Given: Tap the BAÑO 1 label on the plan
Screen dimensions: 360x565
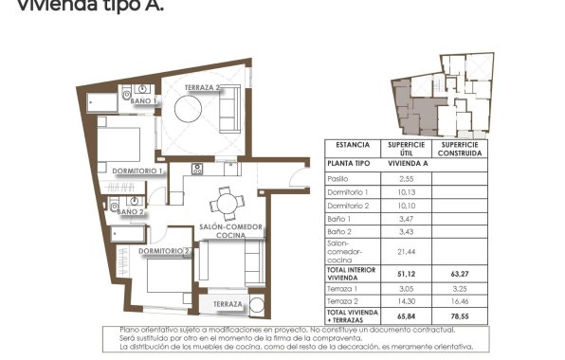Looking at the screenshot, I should [142, 100].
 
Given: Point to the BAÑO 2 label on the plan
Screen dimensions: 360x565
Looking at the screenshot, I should [130, 212].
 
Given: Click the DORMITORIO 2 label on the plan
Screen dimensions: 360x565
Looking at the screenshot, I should [165, 251].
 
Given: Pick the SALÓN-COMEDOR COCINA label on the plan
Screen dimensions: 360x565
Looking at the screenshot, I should [230, 230].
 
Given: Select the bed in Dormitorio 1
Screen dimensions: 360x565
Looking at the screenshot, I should [118, 144].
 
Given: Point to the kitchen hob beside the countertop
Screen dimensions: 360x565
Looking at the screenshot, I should [198, 170].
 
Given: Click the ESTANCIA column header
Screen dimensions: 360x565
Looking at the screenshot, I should [347, 147].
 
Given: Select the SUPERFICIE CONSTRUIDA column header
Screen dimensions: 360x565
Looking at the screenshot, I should [461, 148].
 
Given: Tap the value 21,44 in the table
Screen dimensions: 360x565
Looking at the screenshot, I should [406, 251].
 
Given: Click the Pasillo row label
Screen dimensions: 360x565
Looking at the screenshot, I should [338, 178].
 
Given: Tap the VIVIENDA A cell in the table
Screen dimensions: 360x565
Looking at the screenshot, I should [406, 163].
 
